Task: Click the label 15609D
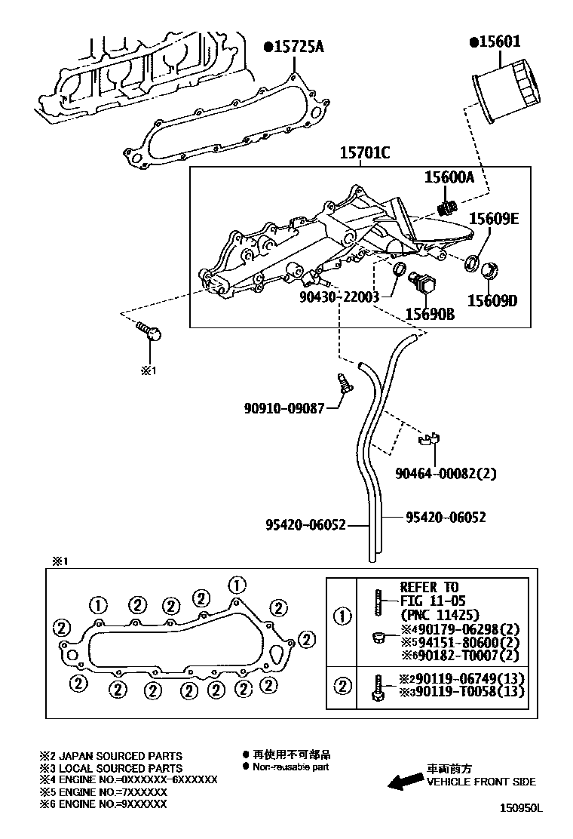pos(492,301)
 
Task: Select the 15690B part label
pos(430,314)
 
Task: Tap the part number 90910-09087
pos(283,408)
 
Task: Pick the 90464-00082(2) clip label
pos(446,473)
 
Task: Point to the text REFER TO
pos(429,587)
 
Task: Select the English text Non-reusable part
pos(290,767)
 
